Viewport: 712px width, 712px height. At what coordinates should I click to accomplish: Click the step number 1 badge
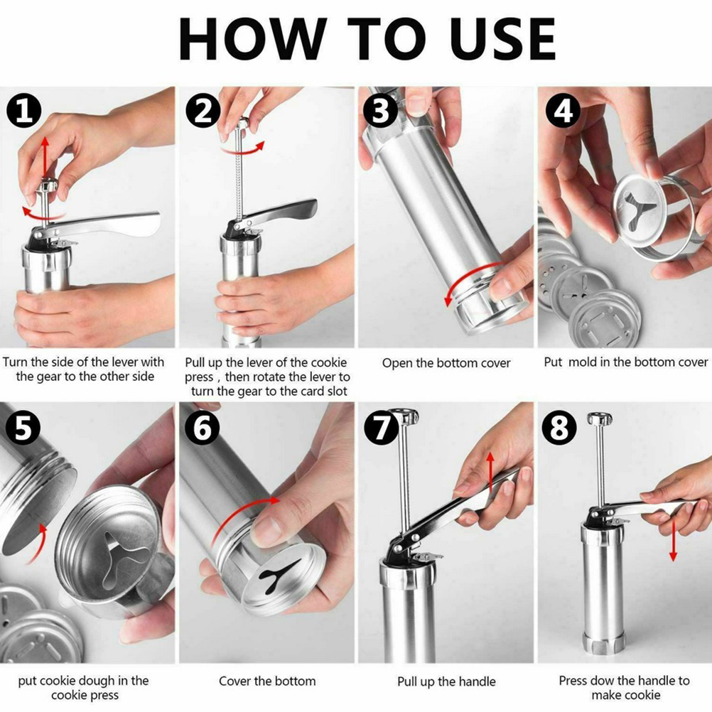click(24, 112)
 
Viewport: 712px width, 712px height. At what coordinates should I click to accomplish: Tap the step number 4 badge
click(563, 112)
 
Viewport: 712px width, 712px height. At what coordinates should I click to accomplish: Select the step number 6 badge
click(203, 428)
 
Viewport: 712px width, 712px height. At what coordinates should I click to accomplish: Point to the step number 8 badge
click(559, 428)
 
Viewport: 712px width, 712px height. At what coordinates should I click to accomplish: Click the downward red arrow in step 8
click(673, 540)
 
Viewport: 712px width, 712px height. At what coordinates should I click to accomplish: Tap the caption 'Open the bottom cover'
click(446, 363)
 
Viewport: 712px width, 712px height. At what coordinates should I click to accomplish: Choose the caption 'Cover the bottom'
click(267, 681)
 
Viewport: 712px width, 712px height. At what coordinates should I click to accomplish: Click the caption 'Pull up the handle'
click(446, 681)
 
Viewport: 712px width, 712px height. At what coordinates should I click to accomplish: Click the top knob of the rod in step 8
click(600, 419)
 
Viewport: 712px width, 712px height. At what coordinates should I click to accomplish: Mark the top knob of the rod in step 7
click(404, 416)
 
